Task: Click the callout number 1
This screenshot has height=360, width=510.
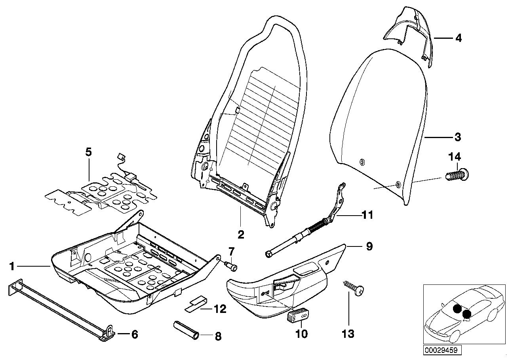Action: [x=12, y=267]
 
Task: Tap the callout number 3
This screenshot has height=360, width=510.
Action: [x=457, y=137]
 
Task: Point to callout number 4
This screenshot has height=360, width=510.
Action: [x=458, y=38]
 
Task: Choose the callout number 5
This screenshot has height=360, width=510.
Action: [x=88, y=152]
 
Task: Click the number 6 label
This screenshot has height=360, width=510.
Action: [x=134, y=334]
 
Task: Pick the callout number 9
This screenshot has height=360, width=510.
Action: [x=369, y=247]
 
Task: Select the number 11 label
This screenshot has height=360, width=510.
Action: [x=367, y=215]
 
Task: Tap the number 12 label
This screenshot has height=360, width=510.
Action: [x=220, y=309]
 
